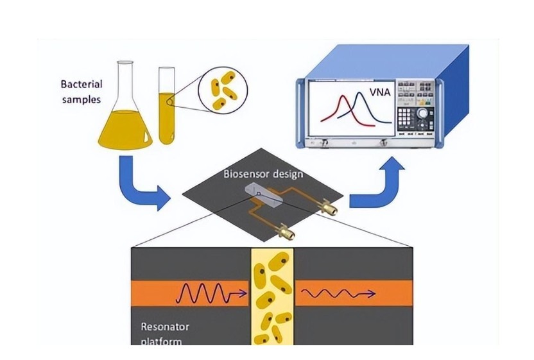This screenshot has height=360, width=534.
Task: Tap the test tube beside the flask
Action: (167, 109)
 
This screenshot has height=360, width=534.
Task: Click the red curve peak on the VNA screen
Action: (339, 96)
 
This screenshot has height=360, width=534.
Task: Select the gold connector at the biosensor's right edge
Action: (329, 207)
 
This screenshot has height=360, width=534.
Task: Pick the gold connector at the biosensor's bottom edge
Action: (285, 229)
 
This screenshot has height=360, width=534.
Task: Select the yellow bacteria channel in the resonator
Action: (270, 295)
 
